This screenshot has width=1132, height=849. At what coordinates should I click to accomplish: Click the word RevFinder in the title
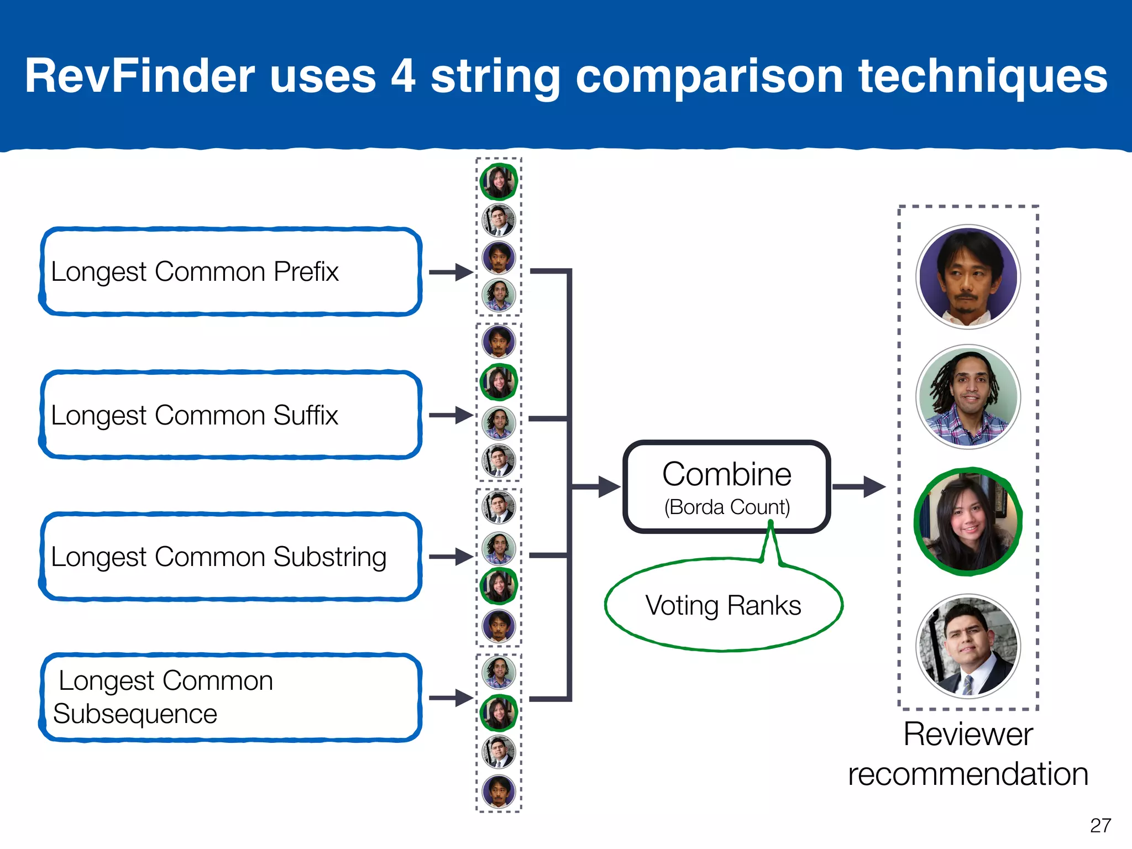[x=139, y=76]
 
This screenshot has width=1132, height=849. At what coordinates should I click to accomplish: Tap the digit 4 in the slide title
[x=403, y=76]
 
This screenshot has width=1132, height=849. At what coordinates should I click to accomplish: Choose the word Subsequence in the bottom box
[x=135, y=714]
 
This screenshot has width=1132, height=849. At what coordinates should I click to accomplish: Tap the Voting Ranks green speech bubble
[x=723, y=605]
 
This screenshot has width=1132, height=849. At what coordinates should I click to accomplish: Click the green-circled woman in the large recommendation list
[x=968, y=522]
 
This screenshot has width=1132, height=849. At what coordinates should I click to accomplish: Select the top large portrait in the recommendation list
[x=968, y=277]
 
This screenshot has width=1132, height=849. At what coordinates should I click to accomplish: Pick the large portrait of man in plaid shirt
[x=968, y=397]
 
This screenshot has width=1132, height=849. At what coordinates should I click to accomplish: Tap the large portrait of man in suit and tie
[x=968, y=646]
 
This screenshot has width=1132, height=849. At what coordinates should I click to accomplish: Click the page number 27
[x=1100, y=825]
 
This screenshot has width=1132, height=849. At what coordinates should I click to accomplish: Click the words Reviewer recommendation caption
[x=968, y=754]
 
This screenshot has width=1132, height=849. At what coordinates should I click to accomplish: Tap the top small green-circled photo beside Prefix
[x=499, y=181]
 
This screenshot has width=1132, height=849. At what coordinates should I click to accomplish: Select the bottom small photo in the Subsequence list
[x=499, y=791]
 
